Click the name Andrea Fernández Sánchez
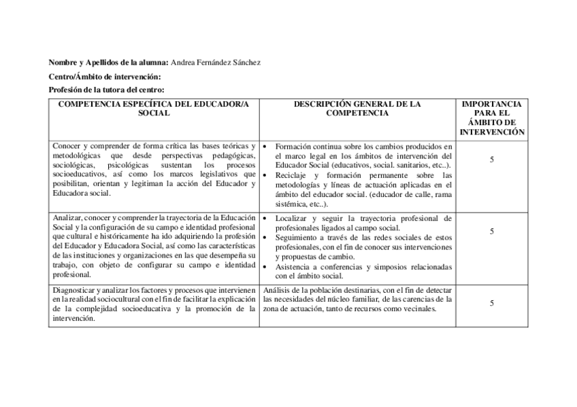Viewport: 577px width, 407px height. click(x=216, y=63)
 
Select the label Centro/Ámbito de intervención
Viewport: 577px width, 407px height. click(x=105, y=76)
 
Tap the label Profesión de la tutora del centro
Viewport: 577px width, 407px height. click(x=108, y=90)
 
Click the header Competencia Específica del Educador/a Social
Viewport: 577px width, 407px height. click(x=154, y=109)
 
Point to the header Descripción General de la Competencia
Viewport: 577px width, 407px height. click(x=357, y=109)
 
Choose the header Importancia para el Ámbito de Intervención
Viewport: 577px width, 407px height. click(x=492, y=118)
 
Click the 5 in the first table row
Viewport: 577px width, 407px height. click(x=492, y=159)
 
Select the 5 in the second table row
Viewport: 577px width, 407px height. click(x=492, y=232)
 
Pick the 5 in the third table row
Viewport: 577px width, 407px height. click(x=492, y=303)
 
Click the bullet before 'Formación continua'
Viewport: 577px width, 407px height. click(x=265, y=146)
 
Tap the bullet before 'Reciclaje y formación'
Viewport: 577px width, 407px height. click(x=265, y=175)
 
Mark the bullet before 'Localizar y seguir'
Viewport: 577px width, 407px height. click(x=265, y=219)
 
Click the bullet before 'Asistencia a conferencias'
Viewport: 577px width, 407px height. click(x=265, y=267)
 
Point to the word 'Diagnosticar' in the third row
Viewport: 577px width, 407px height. click(x=73, y=289)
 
